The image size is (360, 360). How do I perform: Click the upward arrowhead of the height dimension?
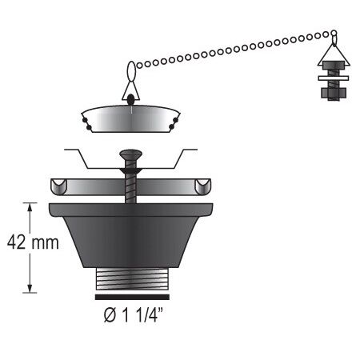30,207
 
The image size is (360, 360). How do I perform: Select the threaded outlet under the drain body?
132,281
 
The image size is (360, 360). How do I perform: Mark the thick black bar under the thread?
132,296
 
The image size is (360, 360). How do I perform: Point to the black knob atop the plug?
130,99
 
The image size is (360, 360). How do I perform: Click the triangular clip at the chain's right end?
330,53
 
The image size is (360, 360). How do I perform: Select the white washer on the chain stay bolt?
330,78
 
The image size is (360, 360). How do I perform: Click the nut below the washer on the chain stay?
330,89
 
